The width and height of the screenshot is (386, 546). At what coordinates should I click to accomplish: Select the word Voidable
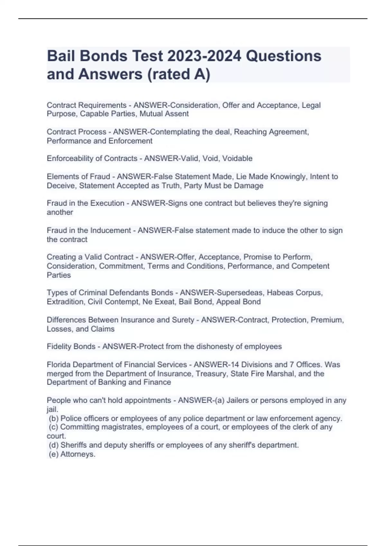click(x=237, y=158)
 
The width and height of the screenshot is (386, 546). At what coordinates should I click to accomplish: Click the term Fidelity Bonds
click(x=71, y=346)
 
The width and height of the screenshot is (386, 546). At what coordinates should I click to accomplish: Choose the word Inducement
click(x=111, y=230)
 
